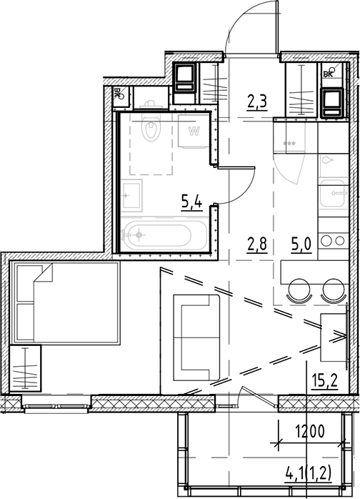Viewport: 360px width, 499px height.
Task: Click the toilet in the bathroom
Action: tap(151, 129)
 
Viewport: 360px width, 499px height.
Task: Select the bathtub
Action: tap(165, 233)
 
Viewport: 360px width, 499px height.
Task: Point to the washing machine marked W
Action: tap(193, 132)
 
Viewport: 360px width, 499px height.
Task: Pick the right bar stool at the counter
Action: tap(332, 290)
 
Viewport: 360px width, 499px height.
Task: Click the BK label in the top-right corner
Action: tap(329, 73)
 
